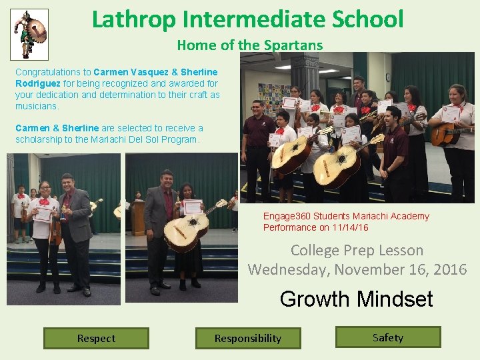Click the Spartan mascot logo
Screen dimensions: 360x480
pyautogui.click(x=30, y=33)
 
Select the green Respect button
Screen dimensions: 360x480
pyautogui.click(x=96, y=338)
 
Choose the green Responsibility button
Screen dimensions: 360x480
pyautogui.click(x=248, y=338)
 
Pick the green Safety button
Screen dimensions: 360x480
pyautogui.click(x=388, y=337)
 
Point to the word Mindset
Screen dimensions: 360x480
pyautogui.click(x=395, y=299)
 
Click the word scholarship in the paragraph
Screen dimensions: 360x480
pyautogui.click(x=40, y=139)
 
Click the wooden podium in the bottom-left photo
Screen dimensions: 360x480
pyautogui.click(x=137, y=217)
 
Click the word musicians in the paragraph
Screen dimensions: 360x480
pyautogui.click(x=37, y=106)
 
